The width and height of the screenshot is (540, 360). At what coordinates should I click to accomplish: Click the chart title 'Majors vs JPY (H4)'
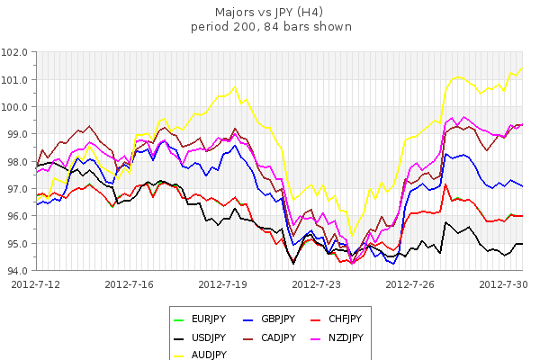[x=271, y=13]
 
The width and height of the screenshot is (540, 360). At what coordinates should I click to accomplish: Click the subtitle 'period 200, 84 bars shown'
[x=271, y=26]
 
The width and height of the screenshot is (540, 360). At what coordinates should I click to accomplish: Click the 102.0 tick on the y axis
[x=17, y=52]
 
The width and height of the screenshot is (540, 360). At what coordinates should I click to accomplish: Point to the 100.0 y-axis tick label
[x=17, y=107]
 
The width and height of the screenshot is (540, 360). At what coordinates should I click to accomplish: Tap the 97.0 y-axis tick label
[x=17, y=189]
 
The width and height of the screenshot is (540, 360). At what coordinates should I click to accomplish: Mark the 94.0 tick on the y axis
[x=17, y=270]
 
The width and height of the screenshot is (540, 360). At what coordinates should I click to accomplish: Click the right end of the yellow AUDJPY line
[x=522, y=68]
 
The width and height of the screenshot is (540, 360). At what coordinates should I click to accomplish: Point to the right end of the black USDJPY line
[x=522, y=244]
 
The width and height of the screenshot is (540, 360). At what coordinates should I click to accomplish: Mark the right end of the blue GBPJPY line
[x=522, y=185]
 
